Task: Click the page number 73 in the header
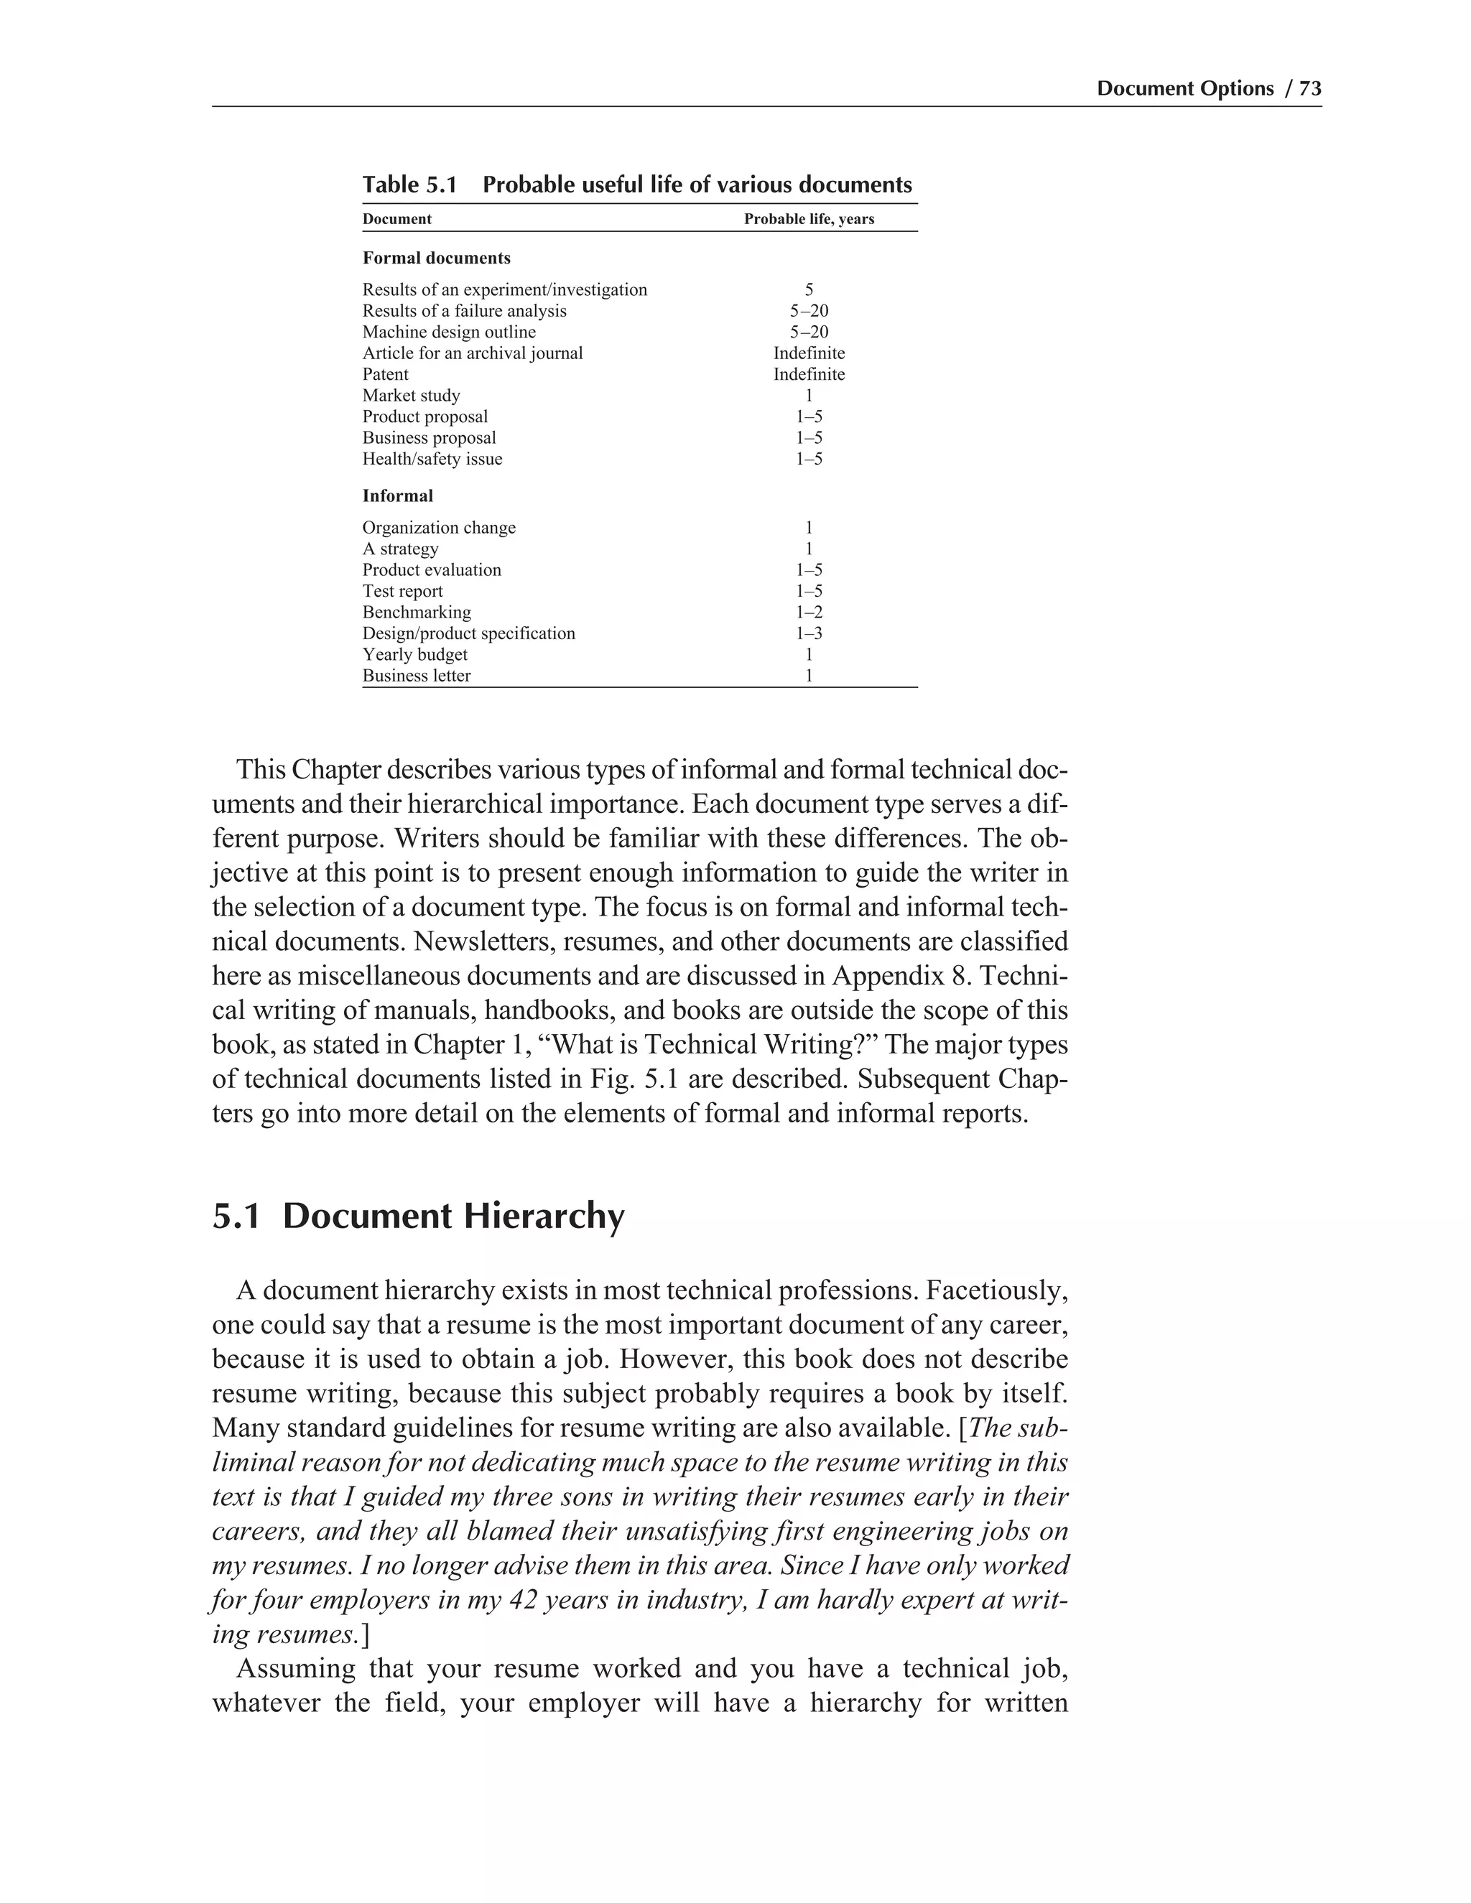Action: pos(1310,89)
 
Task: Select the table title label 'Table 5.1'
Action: pos(409,185)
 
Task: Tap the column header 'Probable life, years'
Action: pos(809,219)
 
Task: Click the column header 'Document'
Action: pos(396,219)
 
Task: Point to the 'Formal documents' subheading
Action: pos(437,258)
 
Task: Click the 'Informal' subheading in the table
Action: pos(397,495)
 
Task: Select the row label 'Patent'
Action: pos(385,374)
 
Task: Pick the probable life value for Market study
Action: pos(809,396)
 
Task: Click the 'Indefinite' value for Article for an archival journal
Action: pos(809,353)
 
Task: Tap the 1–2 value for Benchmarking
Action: pos(809,613)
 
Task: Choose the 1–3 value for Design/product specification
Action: pos(809,633)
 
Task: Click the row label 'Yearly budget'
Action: pos(415,654)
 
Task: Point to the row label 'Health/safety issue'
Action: pos(432,459)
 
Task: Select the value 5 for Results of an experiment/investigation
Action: pos(809,289)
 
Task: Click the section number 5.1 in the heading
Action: pos(236,1216)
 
